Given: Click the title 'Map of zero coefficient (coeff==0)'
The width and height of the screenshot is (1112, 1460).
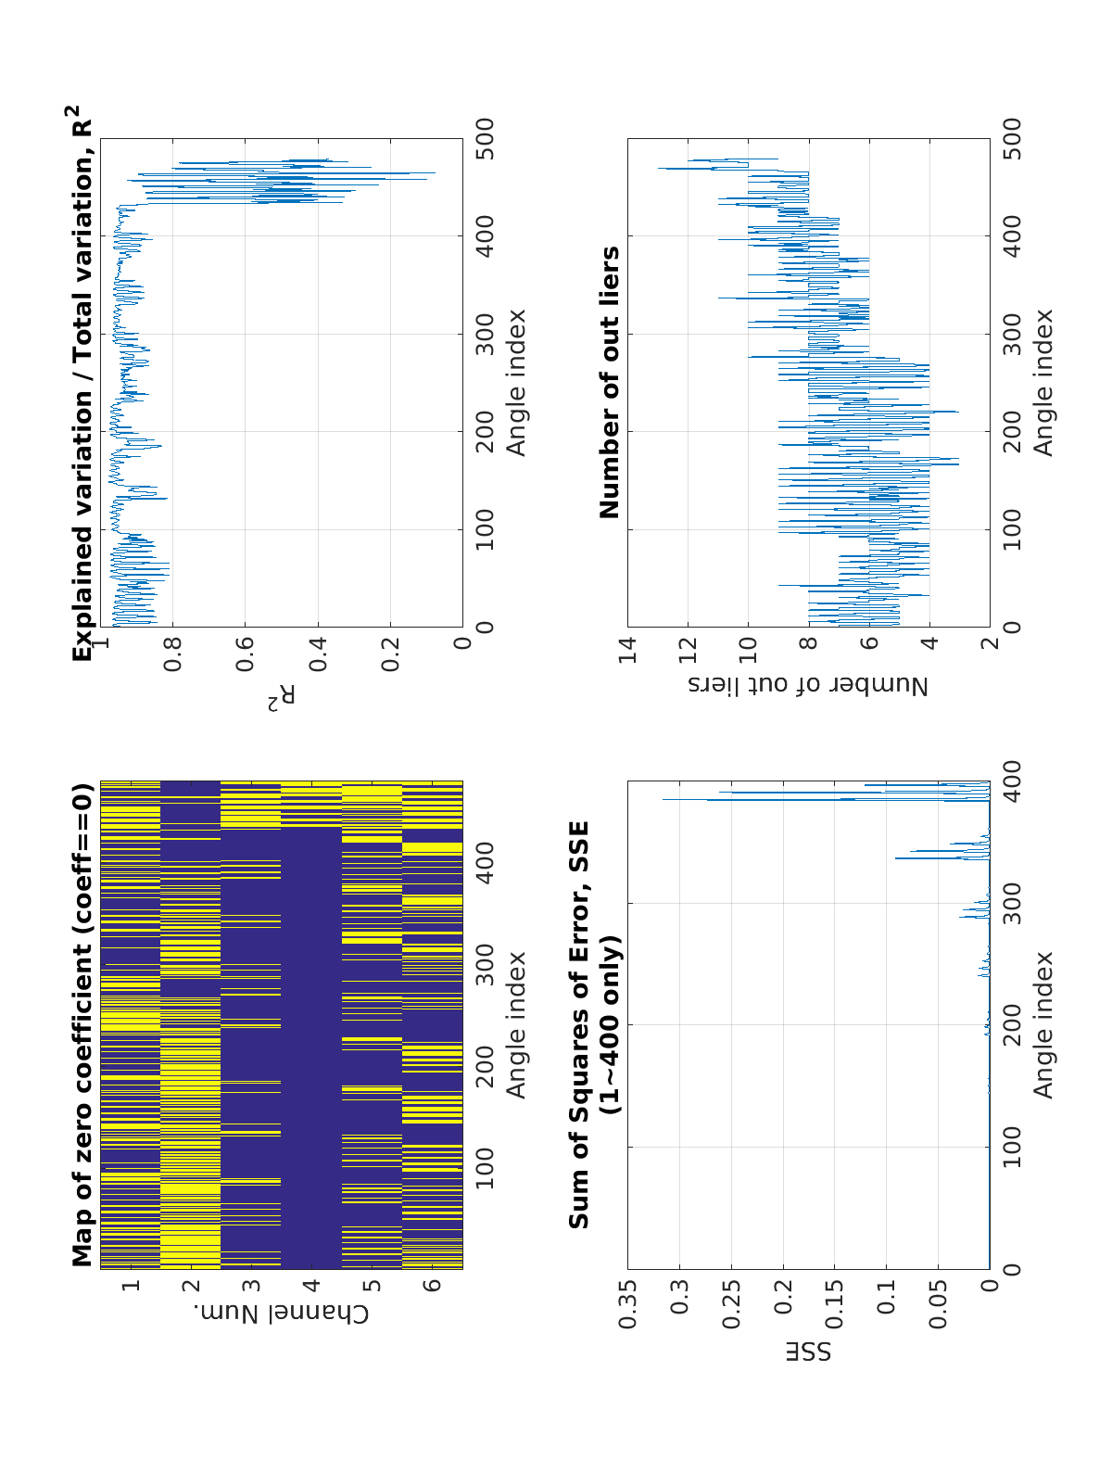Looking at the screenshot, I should tap(83, 1025).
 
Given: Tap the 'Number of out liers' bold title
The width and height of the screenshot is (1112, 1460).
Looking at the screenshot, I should tap(610, 382).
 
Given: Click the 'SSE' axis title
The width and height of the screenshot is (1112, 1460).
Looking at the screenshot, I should tap(808, 1351).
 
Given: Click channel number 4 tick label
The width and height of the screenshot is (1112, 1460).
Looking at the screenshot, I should tap(312, 1286).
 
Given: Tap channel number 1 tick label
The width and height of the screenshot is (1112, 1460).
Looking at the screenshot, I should tap(131, 1286).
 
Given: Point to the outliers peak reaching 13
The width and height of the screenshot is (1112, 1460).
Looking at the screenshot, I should tap(659, 168).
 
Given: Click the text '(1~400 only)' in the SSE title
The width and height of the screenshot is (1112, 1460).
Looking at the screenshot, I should tap(610, 1025).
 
